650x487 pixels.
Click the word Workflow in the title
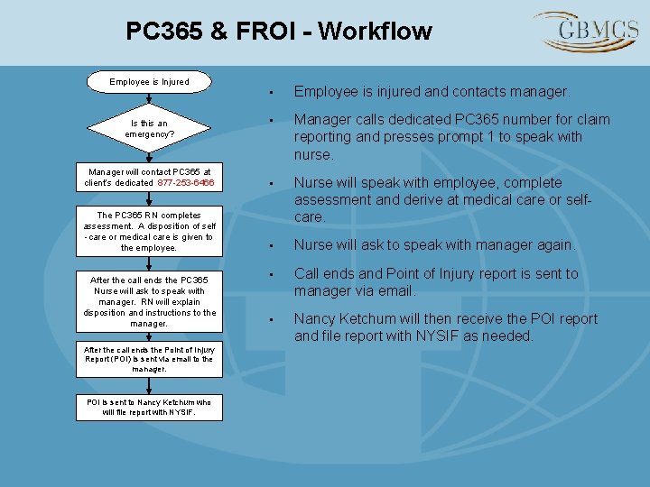(x=375, y=32)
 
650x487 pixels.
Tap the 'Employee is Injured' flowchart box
(x=149, y=82)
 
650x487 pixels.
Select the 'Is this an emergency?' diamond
(x=149, y=128)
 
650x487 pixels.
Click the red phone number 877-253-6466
(x=186, y=182)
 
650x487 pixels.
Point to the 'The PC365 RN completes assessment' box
(x=149, y=232)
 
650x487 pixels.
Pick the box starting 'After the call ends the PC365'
(x=149, y=301)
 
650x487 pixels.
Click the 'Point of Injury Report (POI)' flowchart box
(x=149, y=359)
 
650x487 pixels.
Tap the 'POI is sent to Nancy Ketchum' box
(x=149, y=408)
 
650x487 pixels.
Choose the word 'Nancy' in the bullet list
(x=316, y=318)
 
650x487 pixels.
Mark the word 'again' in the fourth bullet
(x=552, y=245)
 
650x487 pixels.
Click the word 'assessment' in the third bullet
(x=332, y=200)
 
